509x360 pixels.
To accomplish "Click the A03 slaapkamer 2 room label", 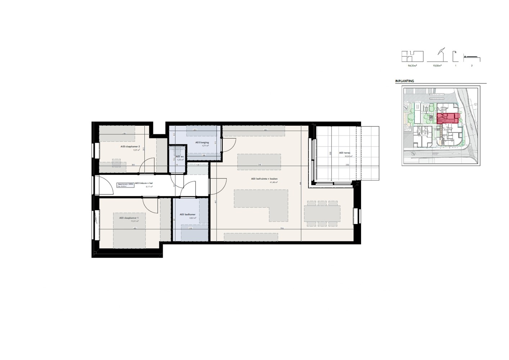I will pyautogui.click(x=130, y=147).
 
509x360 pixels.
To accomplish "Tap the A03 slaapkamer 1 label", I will pyautogui.click(x=129, y=218).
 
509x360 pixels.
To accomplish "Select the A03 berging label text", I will pyautogui.click(x=202, y=143).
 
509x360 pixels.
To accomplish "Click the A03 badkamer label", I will pyautogui.click(x=188, y=215).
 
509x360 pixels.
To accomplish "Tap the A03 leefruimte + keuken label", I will pyautogui.click(x=264, y=179).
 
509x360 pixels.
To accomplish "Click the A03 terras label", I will pyautogui.click(x=344, y=153).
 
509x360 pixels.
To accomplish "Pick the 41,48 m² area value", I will pyautogui.click(x=274, y=182).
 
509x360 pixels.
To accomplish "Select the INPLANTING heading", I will pyautogui.click(x=405, y=81).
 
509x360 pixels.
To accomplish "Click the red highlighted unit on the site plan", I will pyautogui.click(x=448, y=118).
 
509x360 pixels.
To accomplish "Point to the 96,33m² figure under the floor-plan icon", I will pyautogui.click(x=412, y=66).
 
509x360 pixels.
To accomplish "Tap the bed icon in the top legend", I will pyautogui.click(x=472, y=58).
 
